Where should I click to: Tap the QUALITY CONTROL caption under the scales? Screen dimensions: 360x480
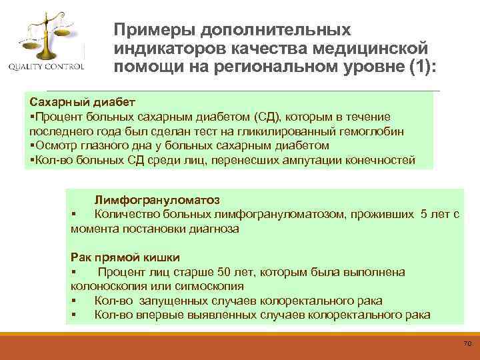pyautogui.click(x=46, y=67)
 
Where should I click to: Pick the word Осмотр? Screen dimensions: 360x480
pyautogui.click(x=56, y=146)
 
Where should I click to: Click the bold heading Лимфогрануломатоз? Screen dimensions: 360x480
pyautogui.click(x=157, y=199)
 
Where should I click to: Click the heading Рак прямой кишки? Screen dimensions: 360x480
pyautogui.click(x=125, y=257)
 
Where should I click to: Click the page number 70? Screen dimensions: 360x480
pyautogui.click(x=467, y=343)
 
